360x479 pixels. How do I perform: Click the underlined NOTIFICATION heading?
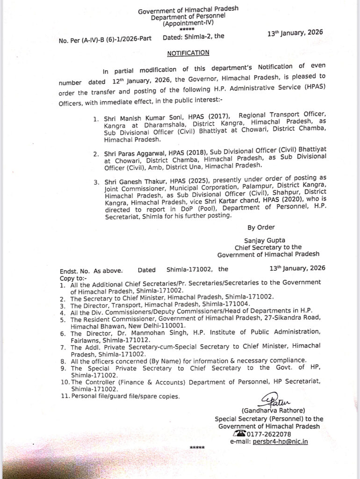pos(190,53)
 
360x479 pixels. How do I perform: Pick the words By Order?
pos(258,228)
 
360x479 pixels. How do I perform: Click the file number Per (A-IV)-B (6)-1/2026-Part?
pos(116,41)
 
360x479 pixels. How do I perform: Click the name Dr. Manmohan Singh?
pos(127,333)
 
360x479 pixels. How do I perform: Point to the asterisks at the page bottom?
pos(197,448)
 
